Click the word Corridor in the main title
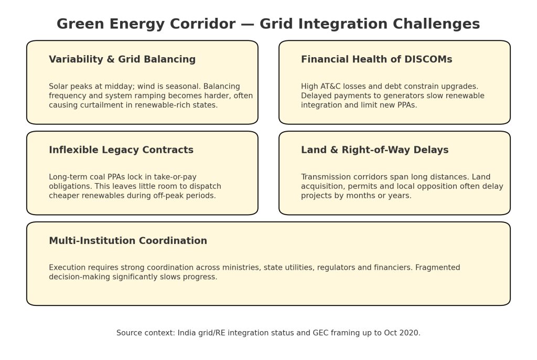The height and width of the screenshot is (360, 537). [x=203, y=24]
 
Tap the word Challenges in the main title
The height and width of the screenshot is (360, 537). [x=436, y=24]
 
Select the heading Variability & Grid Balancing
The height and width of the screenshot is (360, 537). [x=122, y=59]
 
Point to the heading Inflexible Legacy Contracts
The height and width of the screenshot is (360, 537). [x=121, y=150]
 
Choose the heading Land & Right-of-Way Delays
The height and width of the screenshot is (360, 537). [x=374, y=150]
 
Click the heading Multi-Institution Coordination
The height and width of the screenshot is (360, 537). [x=128, y=240]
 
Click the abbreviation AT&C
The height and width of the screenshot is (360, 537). [x=328, y=87]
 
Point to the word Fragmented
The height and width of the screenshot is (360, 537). [x=438, y=268]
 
